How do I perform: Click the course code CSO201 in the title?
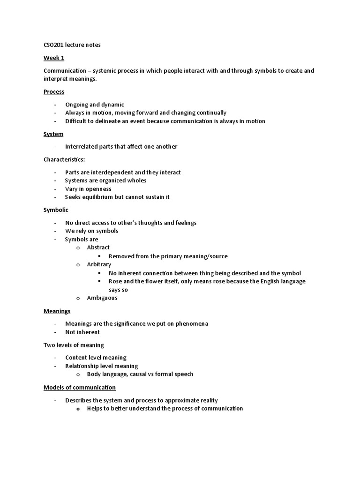pos(53,45)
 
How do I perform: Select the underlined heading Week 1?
pos(54,58)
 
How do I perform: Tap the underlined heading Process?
pos(54,91)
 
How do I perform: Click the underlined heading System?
pos(53,134)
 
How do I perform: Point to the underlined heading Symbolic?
pos(56,210)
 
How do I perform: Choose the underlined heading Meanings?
pos(57,311)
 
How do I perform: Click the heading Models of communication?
pos(80,387)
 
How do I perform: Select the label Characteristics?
pos(64,159)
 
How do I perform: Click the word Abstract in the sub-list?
pos(98,247)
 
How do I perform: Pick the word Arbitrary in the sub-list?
pos(99,264)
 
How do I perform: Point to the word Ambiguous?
pos(102,298)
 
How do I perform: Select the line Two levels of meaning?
pos(74,345)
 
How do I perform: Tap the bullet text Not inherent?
pos(82,332)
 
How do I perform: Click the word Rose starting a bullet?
pos(115,281)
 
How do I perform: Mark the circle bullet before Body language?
pos(78,374)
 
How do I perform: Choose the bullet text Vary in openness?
pos(88,189)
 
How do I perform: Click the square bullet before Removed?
pos(100,256)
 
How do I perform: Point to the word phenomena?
pos(192,323)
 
